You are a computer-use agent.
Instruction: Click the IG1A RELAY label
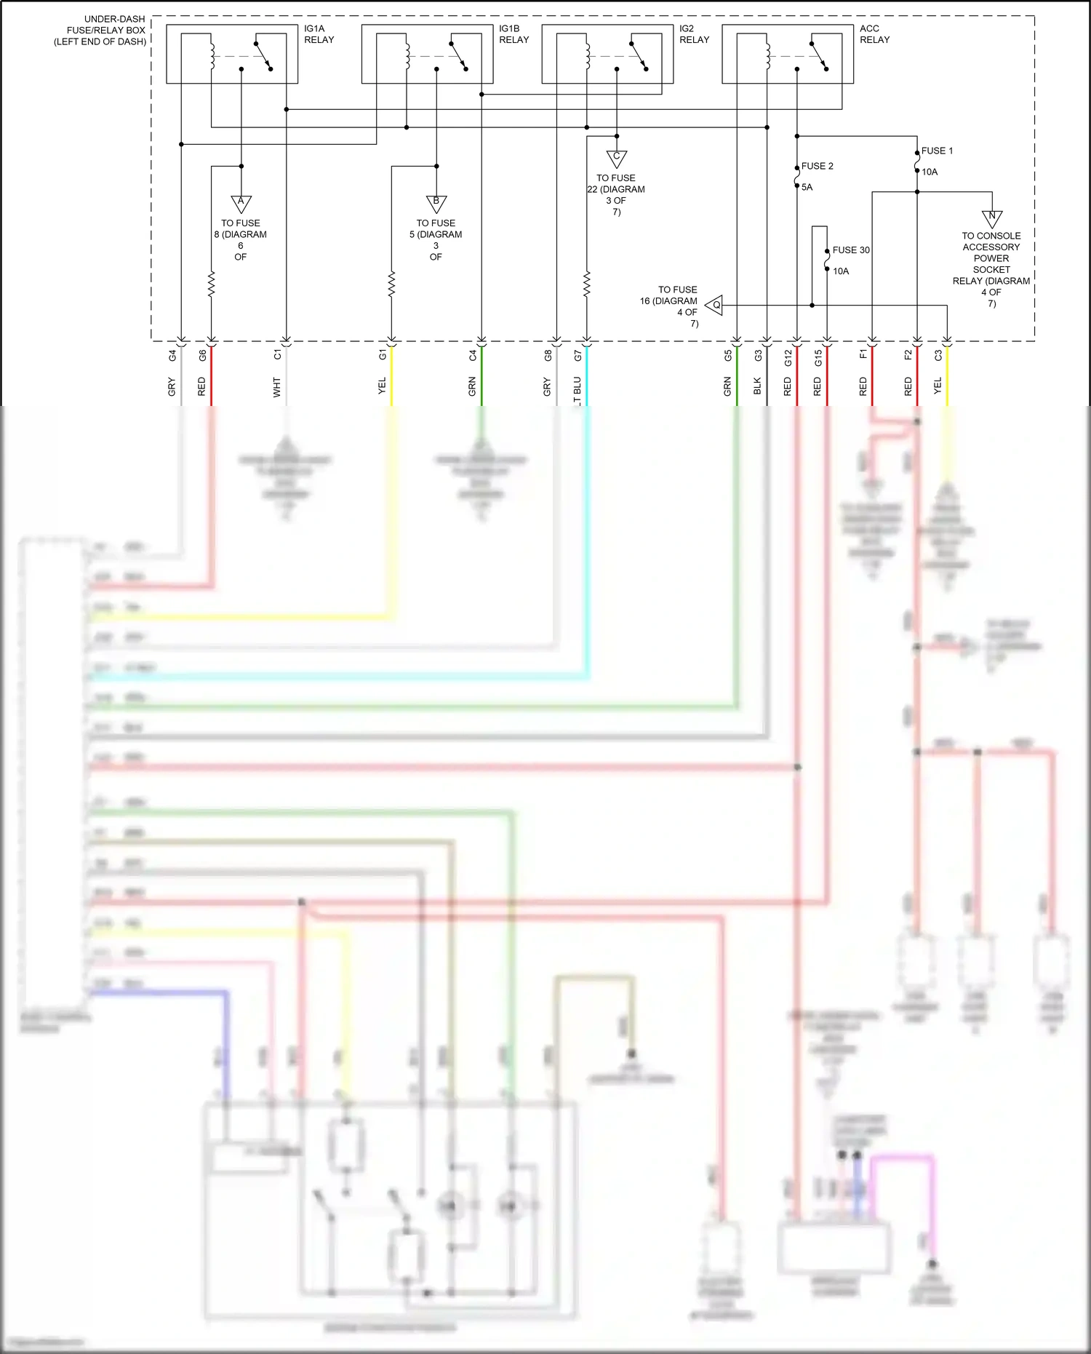319,34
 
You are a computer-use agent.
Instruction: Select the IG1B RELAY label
513,34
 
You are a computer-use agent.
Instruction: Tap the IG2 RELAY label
694,34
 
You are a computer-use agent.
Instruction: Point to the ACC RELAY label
874,34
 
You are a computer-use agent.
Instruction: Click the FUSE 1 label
937,151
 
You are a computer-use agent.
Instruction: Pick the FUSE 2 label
817,166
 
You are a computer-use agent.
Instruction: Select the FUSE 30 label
851,250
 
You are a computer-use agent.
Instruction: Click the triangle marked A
241,202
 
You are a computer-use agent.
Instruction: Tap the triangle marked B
436,202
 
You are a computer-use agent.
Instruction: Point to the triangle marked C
616,157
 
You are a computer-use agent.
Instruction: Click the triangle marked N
991,218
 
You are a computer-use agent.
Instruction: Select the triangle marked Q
715,305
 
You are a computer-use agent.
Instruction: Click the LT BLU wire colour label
577,386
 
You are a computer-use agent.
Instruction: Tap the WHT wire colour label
276,386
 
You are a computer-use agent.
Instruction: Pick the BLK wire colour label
757,386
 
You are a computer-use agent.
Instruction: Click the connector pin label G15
818,357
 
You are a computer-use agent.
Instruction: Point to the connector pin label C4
472,355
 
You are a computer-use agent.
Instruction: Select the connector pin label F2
908,355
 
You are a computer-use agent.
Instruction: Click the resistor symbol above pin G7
586,284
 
